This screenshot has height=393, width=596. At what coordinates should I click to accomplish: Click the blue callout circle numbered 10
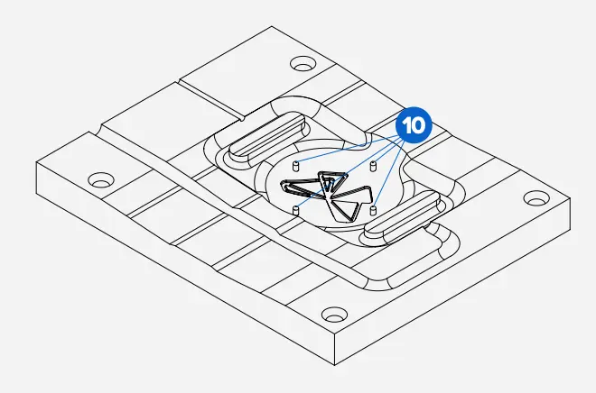pos(414,125)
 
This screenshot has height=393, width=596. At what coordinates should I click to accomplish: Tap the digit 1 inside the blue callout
pos(406,125)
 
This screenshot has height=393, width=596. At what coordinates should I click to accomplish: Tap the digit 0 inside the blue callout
pos(418,125)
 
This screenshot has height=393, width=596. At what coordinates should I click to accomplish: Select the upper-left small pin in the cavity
pos(295,166)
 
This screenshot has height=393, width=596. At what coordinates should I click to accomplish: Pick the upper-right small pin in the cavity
pos(373,166)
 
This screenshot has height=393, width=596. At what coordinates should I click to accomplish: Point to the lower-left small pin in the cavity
pos(295,211)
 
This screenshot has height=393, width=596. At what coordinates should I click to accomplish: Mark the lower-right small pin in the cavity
pos(373,210)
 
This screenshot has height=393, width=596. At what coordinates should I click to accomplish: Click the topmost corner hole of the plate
pos(303,64)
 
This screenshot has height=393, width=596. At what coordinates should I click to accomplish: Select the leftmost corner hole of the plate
pos(101,180)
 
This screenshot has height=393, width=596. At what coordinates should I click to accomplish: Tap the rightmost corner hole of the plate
pos(536,198)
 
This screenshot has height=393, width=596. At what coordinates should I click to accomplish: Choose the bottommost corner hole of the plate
pos(334,315)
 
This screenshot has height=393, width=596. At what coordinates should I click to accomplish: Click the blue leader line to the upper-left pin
pos(347,151)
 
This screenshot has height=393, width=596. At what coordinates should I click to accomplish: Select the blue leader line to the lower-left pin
pos(349,174)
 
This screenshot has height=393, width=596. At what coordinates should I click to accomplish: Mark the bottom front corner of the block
pos(334,365)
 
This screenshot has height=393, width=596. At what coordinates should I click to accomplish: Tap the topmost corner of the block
pos(272,26)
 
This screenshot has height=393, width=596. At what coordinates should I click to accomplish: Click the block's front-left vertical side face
pos(185,263)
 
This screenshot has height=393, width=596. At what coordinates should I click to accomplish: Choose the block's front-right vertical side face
pos(452,281)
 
